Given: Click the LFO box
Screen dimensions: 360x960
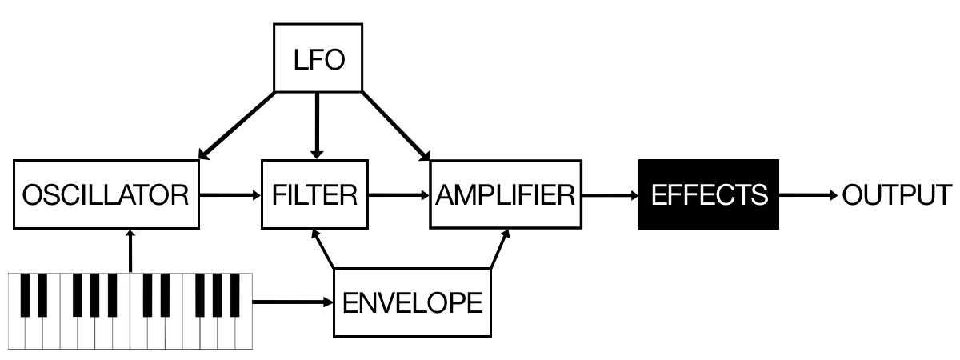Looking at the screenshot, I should click(318, 58).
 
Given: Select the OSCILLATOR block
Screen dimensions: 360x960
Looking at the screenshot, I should click(106, 194).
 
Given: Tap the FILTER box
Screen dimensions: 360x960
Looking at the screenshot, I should click(314, 194).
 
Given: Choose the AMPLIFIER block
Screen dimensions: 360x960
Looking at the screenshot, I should click(505, 194).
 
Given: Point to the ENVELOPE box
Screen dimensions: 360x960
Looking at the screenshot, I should click(411, 302).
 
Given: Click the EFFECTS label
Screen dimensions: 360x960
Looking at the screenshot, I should click(709, 194).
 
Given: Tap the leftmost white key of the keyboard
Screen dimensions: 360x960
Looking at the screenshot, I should click(17, 332).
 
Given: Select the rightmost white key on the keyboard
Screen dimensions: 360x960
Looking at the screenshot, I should click(244, 332).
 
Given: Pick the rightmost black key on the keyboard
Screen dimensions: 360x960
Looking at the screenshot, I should click(235, 294).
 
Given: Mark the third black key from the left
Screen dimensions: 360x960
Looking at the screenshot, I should click(78, 294).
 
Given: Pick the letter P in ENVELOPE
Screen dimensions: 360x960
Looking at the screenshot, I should click(457, 302).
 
